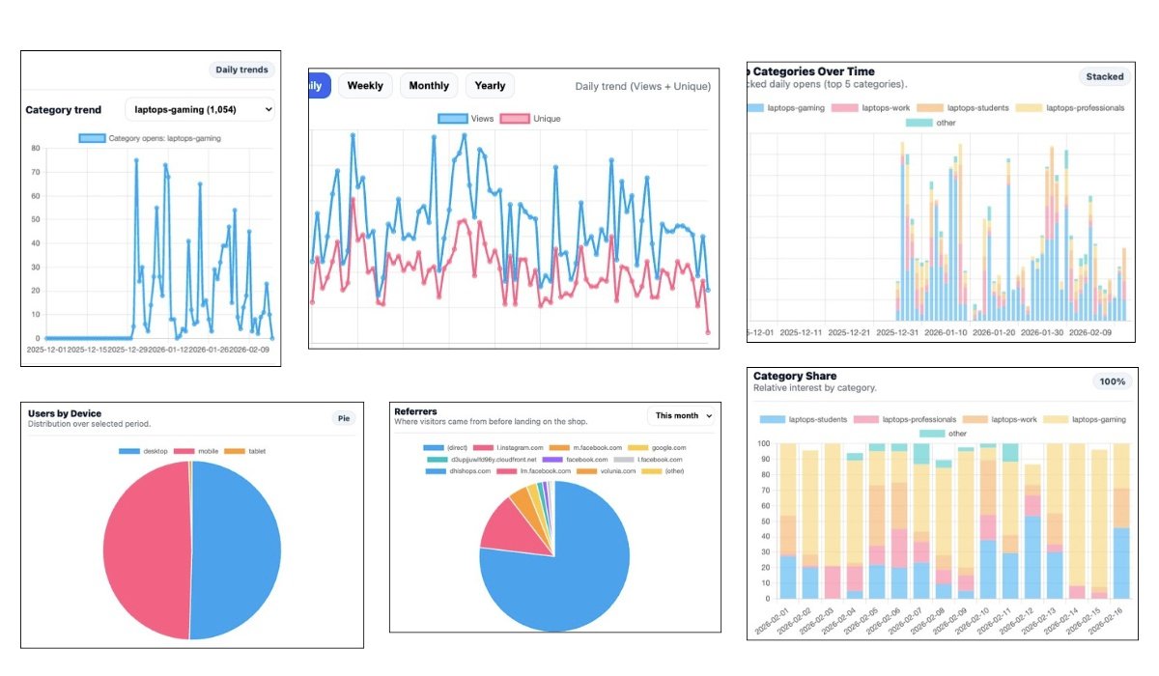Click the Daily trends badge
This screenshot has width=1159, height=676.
(x=242, y=70)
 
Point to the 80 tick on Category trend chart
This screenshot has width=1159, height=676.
(x=35, y=149)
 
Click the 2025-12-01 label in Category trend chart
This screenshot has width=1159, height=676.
(x=47, y=350)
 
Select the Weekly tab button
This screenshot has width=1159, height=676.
(x=365, y=86)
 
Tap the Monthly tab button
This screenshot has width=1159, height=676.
(x=429, y=86)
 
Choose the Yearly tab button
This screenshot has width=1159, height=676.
(x=490, y=86)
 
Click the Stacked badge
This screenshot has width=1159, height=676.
(x=1105, y=76)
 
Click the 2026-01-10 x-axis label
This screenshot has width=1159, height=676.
(x=995, y=333)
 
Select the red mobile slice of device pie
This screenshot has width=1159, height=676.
(x=145, y=549)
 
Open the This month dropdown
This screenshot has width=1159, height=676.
(x=683, y=415)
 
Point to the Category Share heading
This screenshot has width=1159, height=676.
(x=795, y=376)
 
